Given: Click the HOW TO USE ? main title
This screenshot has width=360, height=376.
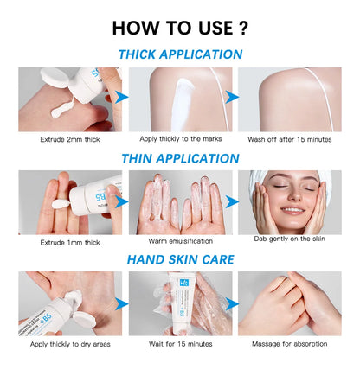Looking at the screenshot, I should point(180,26).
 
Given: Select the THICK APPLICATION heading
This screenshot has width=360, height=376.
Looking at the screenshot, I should point(180,54).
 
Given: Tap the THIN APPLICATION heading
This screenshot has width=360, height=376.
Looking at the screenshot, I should point(180,158).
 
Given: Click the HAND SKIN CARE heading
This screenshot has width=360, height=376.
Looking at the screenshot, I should point(180,258).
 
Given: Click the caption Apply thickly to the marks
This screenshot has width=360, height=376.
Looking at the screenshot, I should point(180,138).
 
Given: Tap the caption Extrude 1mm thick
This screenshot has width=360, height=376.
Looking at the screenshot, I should point(69,242).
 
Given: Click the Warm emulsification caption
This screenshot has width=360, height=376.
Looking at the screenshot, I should point(180,241).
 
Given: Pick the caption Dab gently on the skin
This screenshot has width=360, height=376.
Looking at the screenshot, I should point(290,238).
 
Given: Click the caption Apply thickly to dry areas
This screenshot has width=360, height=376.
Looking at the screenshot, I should point(69,343).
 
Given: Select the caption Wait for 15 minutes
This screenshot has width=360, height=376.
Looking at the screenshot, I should point(180,343).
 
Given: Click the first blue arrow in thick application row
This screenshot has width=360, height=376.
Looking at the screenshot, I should point(121,98).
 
